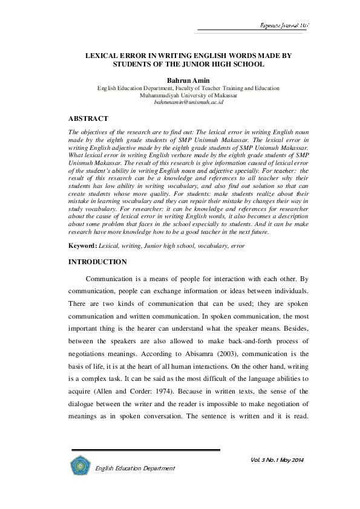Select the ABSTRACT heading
(88, 118)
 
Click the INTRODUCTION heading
(97, 262)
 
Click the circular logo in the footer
(80, 465)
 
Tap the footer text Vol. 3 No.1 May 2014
(277, 461)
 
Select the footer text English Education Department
(135, 468)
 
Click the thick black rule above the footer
(145, 450)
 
